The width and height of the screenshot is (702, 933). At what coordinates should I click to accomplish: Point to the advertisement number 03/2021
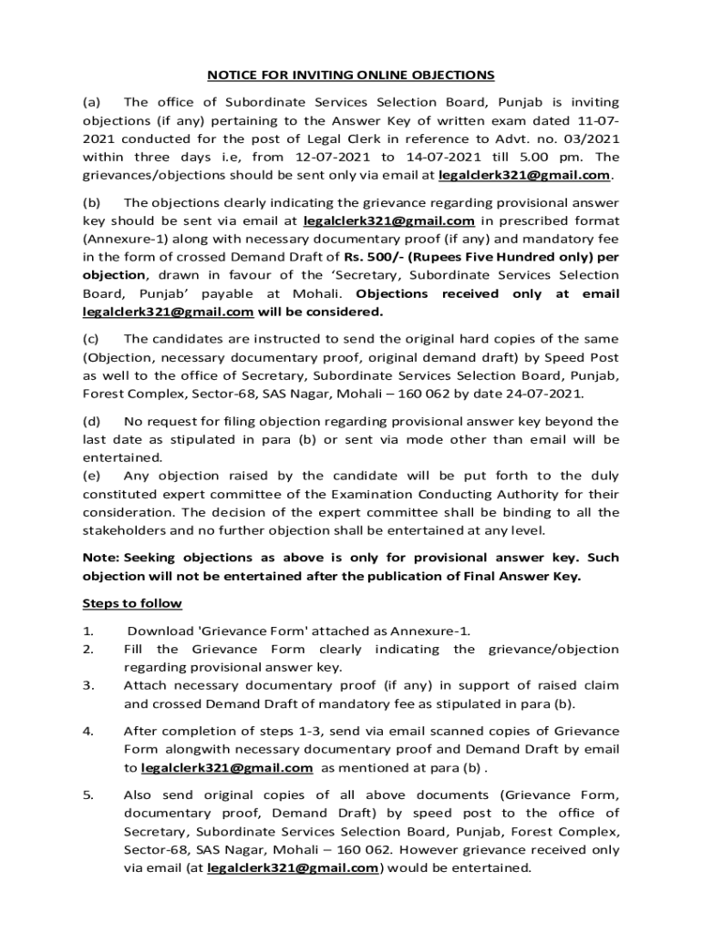(x=587, y=138)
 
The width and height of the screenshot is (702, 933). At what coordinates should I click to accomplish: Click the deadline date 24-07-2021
(x=542, y=395)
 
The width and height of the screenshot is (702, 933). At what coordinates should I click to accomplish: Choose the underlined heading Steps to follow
(x=132, y=603)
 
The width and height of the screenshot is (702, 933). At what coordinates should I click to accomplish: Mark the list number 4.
(x=88, y=731)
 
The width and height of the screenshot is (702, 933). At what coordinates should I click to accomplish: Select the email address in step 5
(x=293, y=867)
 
